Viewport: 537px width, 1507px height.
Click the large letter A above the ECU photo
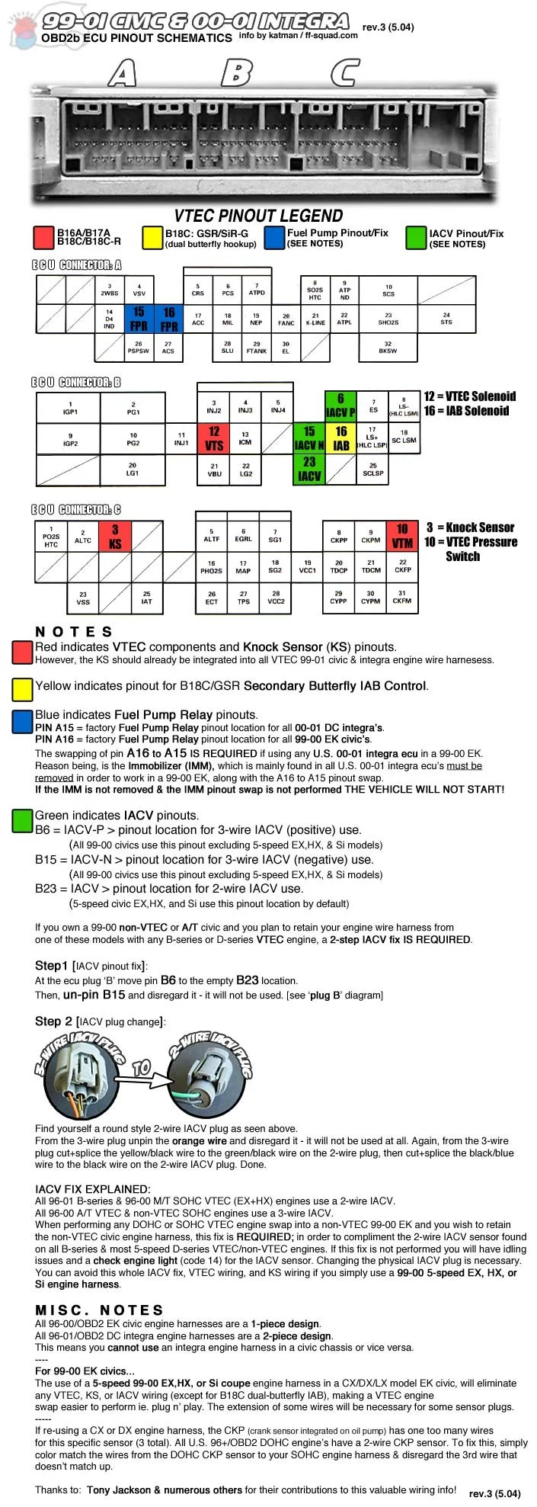click(x=122, y=73)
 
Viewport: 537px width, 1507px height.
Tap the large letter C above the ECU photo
click(x=345, y=73)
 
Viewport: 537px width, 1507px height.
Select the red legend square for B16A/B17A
click(x=44, y=238)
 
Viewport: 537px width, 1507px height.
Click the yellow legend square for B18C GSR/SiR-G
click(x=152, y=238)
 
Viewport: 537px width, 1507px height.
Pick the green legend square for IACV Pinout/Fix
click(x=416, y=238)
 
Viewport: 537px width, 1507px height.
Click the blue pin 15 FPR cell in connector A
click(x=139, y=319)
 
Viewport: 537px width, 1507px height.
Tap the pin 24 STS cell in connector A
click(x=446, y=318)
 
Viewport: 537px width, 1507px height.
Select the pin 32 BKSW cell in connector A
click(x=388, y=348)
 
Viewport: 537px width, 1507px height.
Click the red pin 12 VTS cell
click(x=214, y=438)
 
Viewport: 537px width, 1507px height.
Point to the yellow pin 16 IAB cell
click(x=341, y=438)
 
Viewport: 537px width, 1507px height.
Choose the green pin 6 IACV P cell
click(x=340, y=406)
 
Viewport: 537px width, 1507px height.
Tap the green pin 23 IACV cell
click(x=309, y=470)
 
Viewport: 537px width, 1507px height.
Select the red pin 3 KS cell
click(x=115, y=536)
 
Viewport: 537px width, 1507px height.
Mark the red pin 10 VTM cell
click(x=402, y=536)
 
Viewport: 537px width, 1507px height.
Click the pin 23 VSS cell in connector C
click(x=83, y=598)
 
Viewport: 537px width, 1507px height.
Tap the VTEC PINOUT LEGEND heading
click(x=258, y=216)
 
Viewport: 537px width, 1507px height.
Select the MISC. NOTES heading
click(x=99, y=1310)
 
